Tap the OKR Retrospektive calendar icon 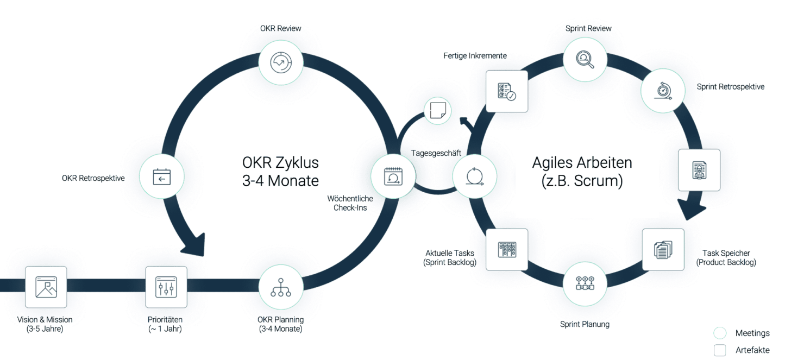[x=161, y=176]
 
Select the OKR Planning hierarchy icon [x=280, y=287]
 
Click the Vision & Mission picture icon [x=46, y=287]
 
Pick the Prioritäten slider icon [x=166, y=287]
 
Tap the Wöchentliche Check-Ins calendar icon [x=393, y=176]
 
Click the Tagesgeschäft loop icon [x=474, y=176]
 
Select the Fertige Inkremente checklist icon [x=506, y=91]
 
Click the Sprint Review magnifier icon [x=585, y=59]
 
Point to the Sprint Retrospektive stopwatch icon [x=663, y=91]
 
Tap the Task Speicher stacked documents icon [x=663, y=249]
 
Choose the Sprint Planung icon [x=585, y=283]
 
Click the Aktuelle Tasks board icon [x=506, y=249]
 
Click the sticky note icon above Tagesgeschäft [x=437, y=110]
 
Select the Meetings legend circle [x=720, y=333]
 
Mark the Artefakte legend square [x=720, y=350]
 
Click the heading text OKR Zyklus [x=280, y=162]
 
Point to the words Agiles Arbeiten [x=582, y=162]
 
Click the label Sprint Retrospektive [x=730, y=87]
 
